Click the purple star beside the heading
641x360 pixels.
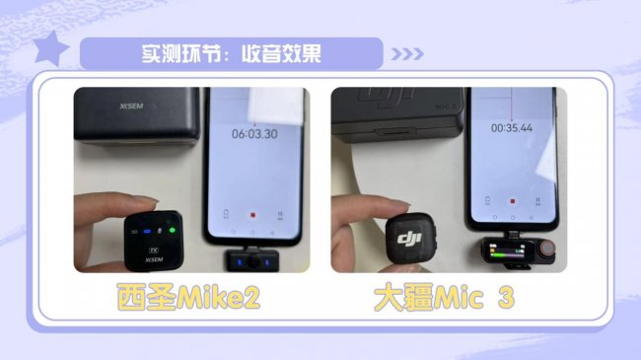coord(50,48)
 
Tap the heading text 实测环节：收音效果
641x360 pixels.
coord(232,53)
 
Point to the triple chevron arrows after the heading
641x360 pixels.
coord(407,54)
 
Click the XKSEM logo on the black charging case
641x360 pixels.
coord(131,107)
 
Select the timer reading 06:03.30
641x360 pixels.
coord(254,134)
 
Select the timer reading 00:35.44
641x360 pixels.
coord(512,128)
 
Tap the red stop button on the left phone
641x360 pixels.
coord(252,215)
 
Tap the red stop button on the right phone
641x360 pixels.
coord(512,201)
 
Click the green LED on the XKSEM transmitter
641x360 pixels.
coord(173,230)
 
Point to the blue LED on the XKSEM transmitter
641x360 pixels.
coord(147,232)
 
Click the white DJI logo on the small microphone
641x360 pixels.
coord(409,238)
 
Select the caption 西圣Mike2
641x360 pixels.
coord(188,298)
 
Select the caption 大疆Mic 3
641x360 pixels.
coord(444,298)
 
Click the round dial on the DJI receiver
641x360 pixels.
coord(547,248)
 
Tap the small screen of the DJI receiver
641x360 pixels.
coord(507,251)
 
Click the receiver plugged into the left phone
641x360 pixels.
coord(251,260)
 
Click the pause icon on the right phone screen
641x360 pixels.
coord(537,200)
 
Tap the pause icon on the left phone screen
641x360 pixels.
coord(280,215)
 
